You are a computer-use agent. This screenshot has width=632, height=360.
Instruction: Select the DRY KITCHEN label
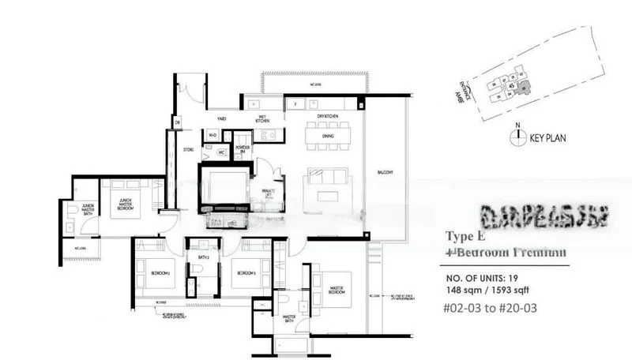tap(327, 115)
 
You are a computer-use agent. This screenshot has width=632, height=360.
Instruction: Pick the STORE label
tap(188, 148)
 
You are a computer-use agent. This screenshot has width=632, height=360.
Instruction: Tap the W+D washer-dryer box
tap(212, 135)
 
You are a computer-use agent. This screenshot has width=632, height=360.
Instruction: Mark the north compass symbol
tap(517, 136)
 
